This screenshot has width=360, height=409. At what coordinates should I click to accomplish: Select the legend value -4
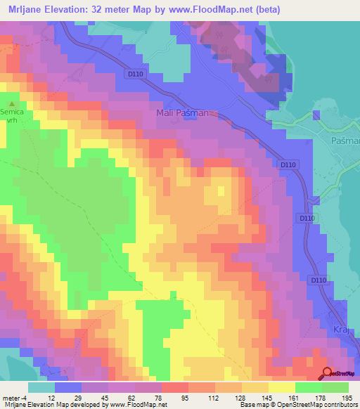[x=22, y=397]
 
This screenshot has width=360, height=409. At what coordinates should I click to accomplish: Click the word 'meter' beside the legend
[x=9, y=397]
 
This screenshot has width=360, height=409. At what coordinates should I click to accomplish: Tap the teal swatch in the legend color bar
[x=41, y=387]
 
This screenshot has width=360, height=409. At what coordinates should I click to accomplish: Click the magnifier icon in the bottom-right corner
[x=328, y=373]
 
